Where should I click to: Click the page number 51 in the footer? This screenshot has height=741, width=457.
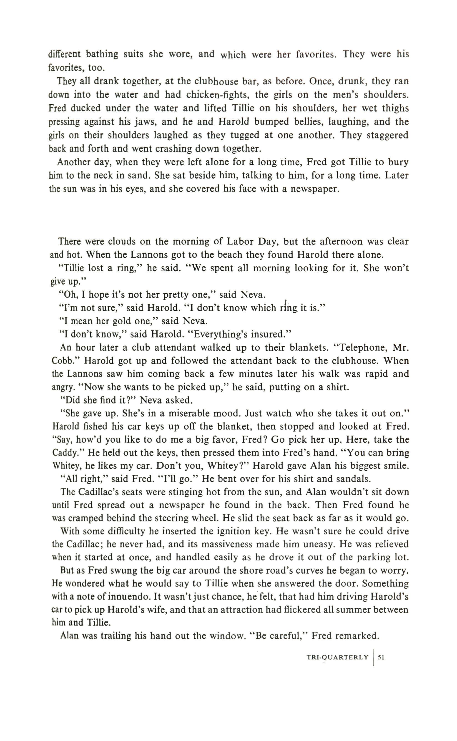click(x=381, y=657)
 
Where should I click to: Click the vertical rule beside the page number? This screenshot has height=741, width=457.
click(x=373, y=657)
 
